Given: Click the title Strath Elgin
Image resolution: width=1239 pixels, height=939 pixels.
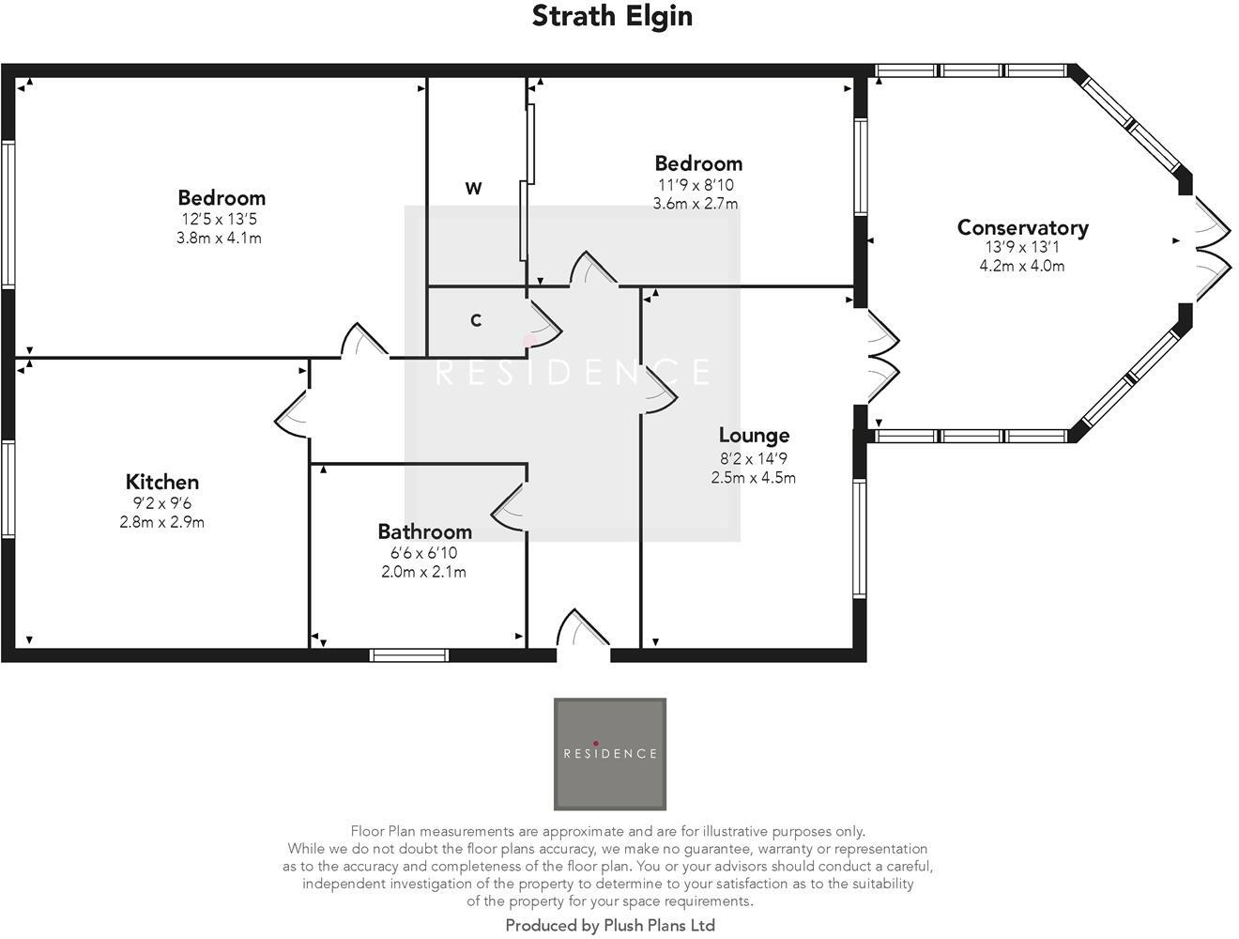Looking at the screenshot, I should click(x=612, y=16).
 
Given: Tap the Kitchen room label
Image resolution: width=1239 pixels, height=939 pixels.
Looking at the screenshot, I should click(x=163, y=482).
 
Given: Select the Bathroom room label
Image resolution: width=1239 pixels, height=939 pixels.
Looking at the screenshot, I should click(x=424, y=531).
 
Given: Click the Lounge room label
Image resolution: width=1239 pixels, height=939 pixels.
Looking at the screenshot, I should click(x=754, y=436).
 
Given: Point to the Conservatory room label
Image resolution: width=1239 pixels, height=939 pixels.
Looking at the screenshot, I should click(x=1022, y=227).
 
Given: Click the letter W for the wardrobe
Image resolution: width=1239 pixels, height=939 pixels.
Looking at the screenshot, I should click(x=474, y=189).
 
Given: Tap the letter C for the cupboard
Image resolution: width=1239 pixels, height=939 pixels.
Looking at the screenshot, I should click(x=476, y=320).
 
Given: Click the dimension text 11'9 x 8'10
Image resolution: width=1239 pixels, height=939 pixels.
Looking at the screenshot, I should click(x=696, y=185).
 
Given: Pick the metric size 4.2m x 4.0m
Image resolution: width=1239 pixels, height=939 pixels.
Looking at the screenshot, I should click(x=1022, y=266).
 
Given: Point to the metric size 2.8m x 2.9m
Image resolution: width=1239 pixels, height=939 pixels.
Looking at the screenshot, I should click(x=161, y=522).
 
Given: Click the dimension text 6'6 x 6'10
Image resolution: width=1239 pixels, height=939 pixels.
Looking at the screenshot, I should click(x=423, y=553).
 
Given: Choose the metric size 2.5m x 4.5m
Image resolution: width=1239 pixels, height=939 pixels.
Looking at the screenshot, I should click(x=753, y=477).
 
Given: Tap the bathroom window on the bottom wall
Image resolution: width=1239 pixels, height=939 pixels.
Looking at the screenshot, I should click(x=409, y=654).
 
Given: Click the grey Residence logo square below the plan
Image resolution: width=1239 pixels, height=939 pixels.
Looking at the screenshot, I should click(x=610, y=753).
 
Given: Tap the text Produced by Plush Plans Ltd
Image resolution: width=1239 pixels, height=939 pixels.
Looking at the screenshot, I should click(x=610, y=926).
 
